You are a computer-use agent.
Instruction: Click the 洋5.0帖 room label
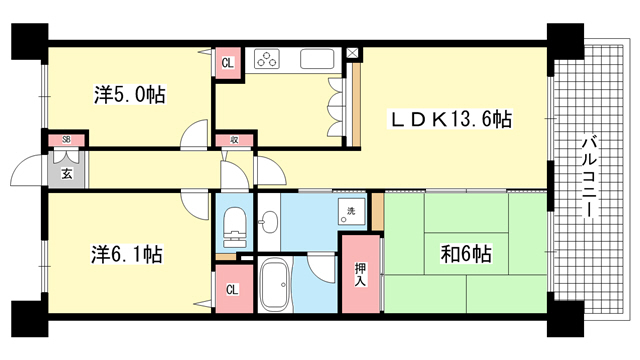pos(129,95)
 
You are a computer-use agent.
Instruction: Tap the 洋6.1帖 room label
pos(127,254)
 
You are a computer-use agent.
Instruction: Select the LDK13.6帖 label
pos(450,120)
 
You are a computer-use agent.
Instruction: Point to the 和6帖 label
pos(466,254)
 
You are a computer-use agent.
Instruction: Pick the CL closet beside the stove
pos(228,63)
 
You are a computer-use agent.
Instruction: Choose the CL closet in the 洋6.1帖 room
pos(232,289)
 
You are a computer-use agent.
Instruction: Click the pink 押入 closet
pos(360,274)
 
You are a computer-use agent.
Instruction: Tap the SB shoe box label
pos(67,140)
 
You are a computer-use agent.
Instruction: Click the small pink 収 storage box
pos(234,140)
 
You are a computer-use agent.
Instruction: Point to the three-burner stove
pos(267,59)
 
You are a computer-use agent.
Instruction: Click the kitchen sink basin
pos(317,59)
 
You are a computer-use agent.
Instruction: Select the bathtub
pos(276,285)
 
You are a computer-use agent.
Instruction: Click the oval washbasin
pos(269,222)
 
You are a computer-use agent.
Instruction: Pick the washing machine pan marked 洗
pos(351,211)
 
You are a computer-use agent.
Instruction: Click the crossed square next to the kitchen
pos(352,53)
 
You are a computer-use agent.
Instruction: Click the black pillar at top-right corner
pos(565,41)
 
